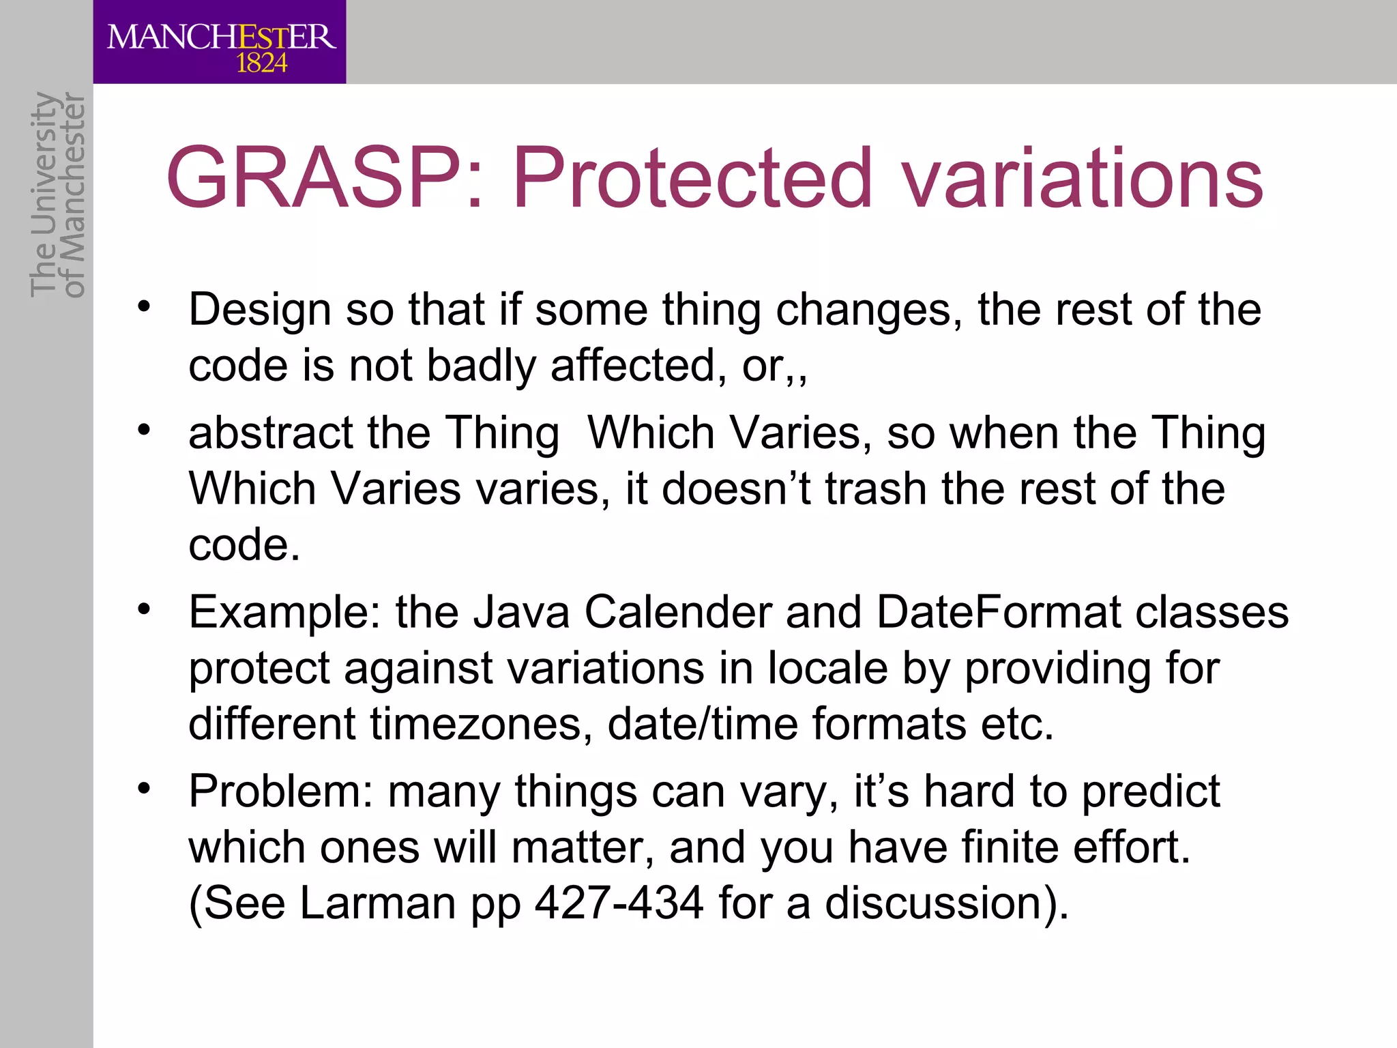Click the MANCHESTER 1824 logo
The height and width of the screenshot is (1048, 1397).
point(220,42)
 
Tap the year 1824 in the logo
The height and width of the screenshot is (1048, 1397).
point(261,64)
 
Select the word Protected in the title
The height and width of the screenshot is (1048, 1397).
point(692,179)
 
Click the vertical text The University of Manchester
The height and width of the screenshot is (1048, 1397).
point(57,194)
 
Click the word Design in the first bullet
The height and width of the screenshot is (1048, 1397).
point(260,310)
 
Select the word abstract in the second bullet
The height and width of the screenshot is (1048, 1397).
point(271,433)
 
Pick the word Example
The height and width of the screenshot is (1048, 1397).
point(284,613)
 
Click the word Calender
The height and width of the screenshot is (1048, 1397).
point(678,612)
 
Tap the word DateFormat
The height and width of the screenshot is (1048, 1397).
point(999,612)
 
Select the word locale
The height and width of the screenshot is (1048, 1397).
point(827,668)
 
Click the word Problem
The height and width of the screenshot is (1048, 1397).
point(280,792)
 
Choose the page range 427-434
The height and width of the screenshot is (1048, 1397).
point(619,903)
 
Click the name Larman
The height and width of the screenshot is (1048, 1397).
point(377,903)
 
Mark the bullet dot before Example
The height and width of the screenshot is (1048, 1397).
point(143,608)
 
